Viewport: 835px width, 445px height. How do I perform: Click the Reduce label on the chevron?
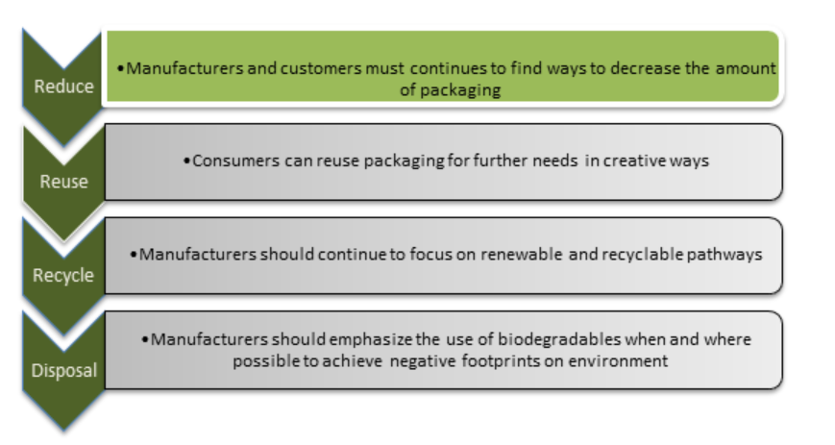pyautogui.click(x=64, y=87)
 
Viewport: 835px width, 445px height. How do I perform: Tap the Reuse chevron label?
pyautogui.click(x=64, y=182)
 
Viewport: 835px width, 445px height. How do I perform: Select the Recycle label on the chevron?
pyautogui.click(x=63, y=276)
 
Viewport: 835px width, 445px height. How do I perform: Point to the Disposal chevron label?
pyautogui.click(x=64, y=370)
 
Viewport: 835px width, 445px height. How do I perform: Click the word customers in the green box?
pyautogui.click(x=321, y=68)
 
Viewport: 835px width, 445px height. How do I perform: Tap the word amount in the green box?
pyautogui.click(x=746, y=68)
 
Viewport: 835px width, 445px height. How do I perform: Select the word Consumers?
pyautogui.click(x=236, y=161)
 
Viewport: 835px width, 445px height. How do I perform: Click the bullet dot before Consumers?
pyautogui.click(x=186, y=161)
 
